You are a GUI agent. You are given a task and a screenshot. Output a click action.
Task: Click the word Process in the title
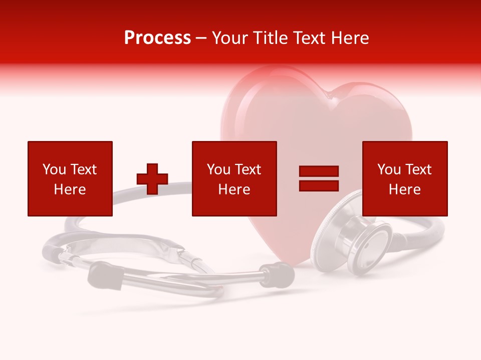coord(157,38)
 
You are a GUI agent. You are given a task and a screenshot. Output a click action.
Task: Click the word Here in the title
coord(349,38)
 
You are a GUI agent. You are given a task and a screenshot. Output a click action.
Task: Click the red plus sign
coord(152,178)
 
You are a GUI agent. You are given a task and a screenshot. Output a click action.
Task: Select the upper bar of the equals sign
coord(319,171)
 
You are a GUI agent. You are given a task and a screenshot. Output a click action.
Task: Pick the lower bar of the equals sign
coord(319,185)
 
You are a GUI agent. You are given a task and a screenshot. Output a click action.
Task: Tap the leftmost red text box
coord(70,178)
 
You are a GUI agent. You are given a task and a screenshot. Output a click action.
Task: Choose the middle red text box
coord(234,178)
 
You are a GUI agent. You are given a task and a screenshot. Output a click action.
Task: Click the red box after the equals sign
coord(405,178)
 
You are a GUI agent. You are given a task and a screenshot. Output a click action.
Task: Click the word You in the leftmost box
coord(54,169)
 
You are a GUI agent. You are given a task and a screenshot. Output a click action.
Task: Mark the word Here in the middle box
coord(234,189)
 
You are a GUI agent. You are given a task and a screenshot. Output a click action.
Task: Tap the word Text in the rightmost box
coord(418,169)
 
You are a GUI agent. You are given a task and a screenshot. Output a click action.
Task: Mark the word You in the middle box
coord(218,169)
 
